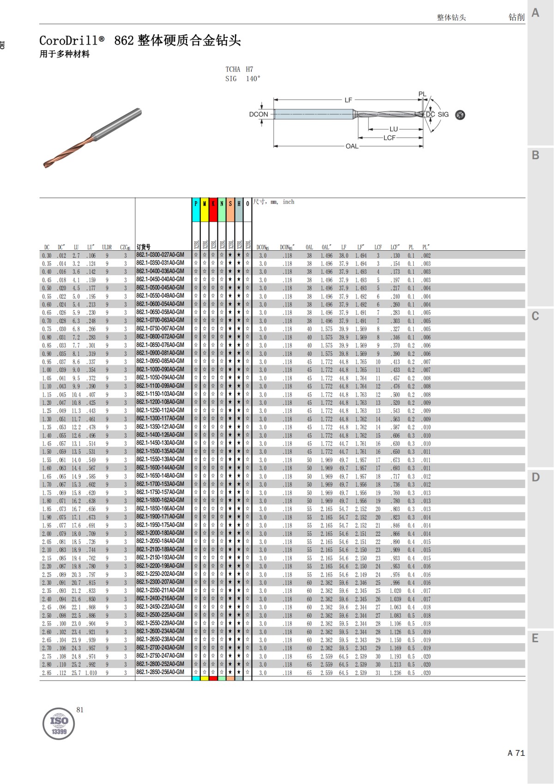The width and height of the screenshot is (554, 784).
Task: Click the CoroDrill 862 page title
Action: tap(140, 41)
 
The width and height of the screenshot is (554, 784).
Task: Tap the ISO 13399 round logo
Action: tap(59, 724)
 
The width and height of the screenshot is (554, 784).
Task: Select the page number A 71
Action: tap(516, 753)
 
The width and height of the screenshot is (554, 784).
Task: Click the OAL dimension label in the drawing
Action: tap(352, 146)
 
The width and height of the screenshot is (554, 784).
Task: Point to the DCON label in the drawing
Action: tap(259, 115)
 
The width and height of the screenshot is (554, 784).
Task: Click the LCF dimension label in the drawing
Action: tap(389, 138)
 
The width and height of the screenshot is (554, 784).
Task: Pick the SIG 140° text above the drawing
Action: tap(243, 79)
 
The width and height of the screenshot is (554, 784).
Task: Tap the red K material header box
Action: tap(213, 210)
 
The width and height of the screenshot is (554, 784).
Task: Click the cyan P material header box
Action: tap(196, 210)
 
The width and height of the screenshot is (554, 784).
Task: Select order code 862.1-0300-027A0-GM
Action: tap(160, 255)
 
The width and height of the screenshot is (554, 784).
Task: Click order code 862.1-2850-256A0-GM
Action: tap(160, 672)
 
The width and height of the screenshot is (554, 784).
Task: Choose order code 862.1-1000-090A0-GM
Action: tap(160, 369)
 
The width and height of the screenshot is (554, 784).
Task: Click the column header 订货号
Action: tap(144, 247)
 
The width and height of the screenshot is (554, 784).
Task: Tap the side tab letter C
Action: tap(536, 316)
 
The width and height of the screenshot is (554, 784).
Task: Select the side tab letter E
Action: tap(536, 638)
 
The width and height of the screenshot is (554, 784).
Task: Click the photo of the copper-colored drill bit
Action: tap(92, 138)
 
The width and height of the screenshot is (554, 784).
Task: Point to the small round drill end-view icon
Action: tap(460, 115)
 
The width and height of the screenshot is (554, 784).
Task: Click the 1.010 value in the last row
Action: tap(91, 673)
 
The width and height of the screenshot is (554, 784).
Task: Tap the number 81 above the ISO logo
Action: tap(80, 710)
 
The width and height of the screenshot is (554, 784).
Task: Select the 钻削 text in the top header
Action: tap(517, 17)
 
